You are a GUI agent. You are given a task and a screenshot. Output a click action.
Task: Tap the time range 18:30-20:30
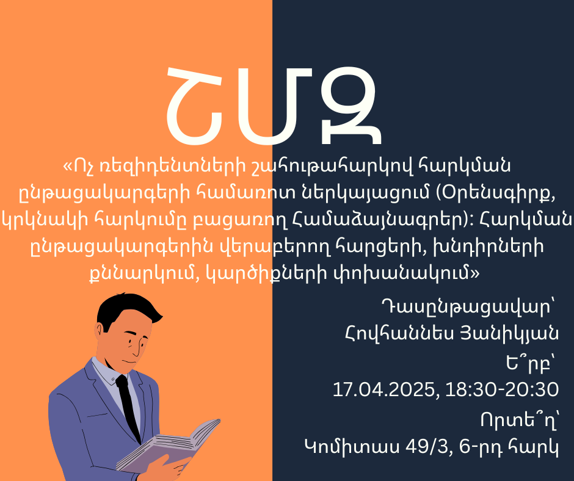pos(502,389)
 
